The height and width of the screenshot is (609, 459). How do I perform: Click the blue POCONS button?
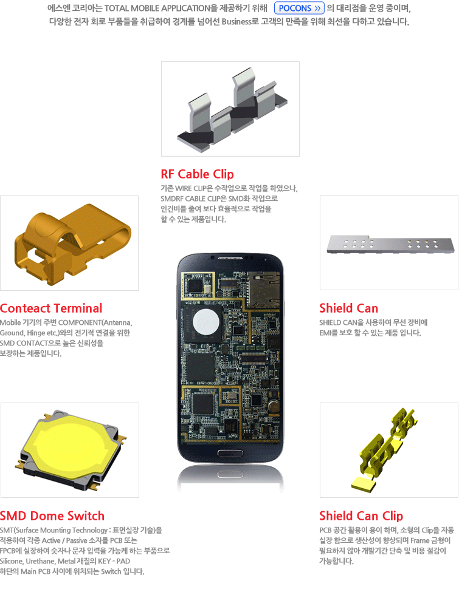coord(299,8)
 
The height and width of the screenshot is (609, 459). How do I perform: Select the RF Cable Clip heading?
coord(197,174)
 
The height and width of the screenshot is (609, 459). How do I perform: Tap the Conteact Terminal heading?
coord(51,308)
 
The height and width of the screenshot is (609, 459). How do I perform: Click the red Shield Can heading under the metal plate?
coord(348,308)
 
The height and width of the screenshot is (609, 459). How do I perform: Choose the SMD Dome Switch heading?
coord(52,515)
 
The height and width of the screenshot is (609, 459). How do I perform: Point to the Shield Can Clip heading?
coord(361,515)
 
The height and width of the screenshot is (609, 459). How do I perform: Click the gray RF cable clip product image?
coord(232,109)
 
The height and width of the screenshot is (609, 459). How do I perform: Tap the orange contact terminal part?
coord(73,244)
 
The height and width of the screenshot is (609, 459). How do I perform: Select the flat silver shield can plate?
coord(390,244)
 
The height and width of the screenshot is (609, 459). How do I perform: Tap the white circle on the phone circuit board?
coord(205,322)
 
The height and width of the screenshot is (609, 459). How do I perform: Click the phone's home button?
coord(230,453)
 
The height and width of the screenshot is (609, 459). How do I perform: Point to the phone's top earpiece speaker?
coord(230,258)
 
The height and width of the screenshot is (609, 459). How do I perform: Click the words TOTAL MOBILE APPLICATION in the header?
coord(157,8)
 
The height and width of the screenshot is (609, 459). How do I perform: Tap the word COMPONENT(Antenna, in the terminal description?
coord(95,322)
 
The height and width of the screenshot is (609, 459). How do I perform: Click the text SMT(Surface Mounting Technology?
coord(53,530)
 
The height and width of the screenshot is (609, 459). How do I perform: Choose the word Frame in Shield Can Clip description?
coord(419,540)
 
